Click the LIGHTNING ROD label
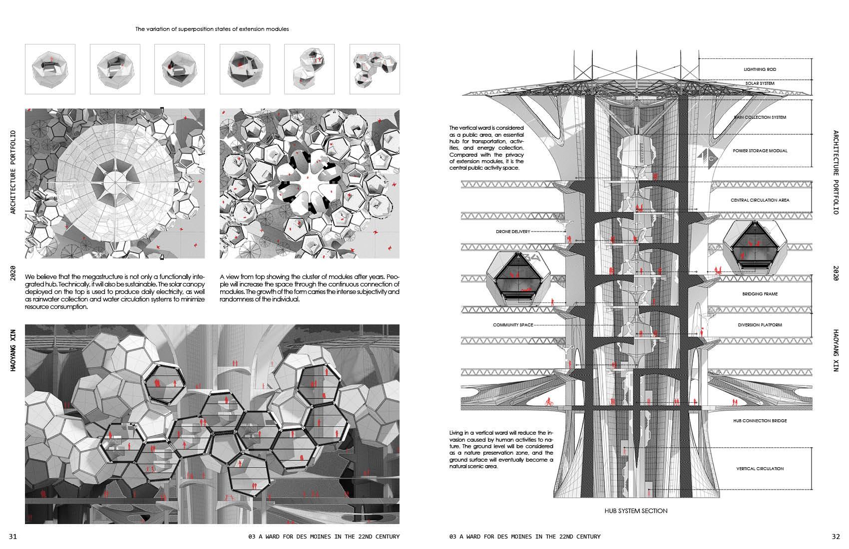coord(760,69)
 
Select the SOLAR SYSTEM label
coord(760,83)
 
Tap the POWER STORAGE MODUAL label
coord(760,151)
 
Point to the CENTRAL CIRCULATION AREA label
coord(760,200)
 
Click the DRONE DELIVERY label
coord(512,232)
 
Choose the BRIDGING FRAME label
coord(760,294)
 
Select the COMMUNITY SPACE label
coord(513,325)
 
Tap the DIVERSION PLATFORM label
coord(760,325)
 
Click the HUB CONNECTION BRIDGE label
coord(760,421)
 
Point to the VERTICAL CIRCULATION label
coord(760,469)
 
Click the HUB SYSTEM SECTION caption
coord(635,511)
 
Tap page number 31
coord(13,537)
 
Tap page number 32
coord(836,537)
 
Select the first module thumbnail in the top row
coord(50,69)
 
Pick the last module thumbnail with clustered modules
coord(375,69)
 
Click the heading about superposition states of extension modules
coord(212,29)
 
